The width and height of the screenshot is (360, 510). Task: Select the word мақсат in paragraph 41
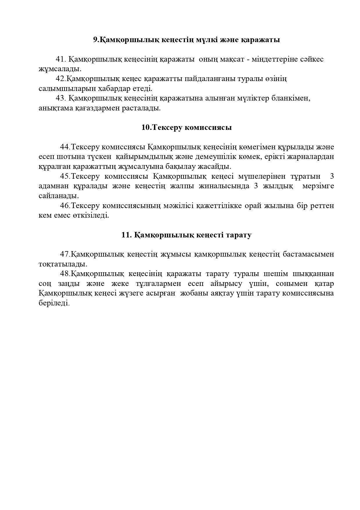[x=231, y=59]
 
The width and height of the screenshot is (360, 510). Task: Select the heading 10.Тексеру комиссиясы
[x=186, y=128]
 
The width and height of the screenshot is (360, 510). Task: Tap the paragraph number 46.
[x=65, y=206]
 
